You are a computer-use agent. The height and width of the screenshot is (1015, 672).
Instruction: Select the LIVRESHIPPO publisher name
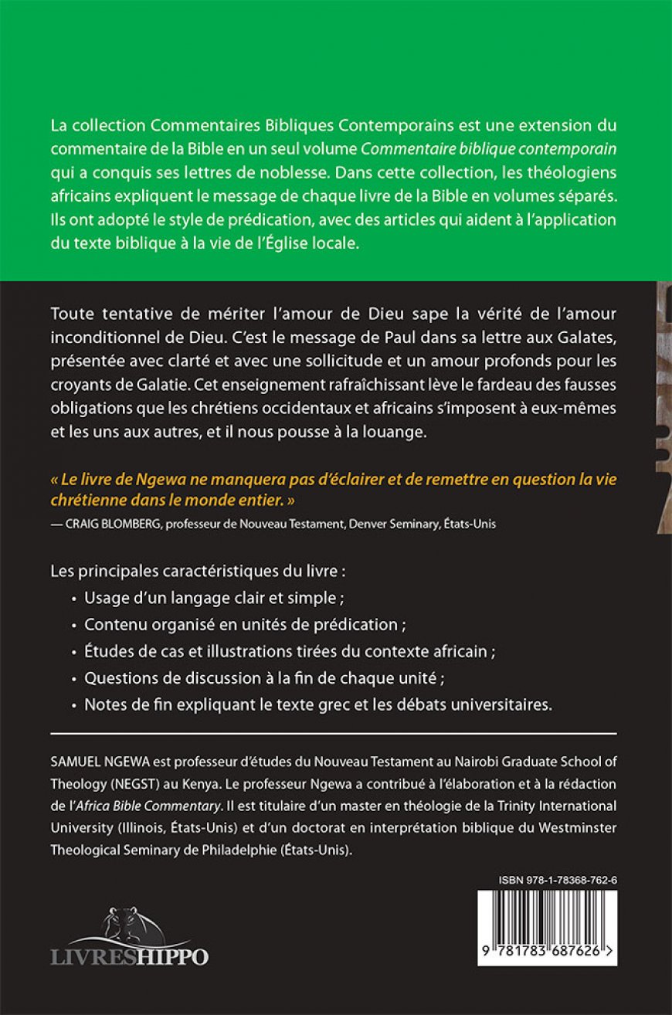(130, 956)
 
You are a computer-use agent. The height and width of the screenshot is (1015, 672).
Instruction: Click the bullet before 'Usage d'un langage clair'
(74, 598)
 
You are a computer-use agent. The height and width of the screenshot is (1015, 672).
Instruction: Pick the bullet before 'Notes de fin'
(74, 704)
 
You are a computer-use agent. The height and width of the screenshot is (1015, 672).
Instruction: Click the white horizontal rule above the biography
(334, 733)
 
